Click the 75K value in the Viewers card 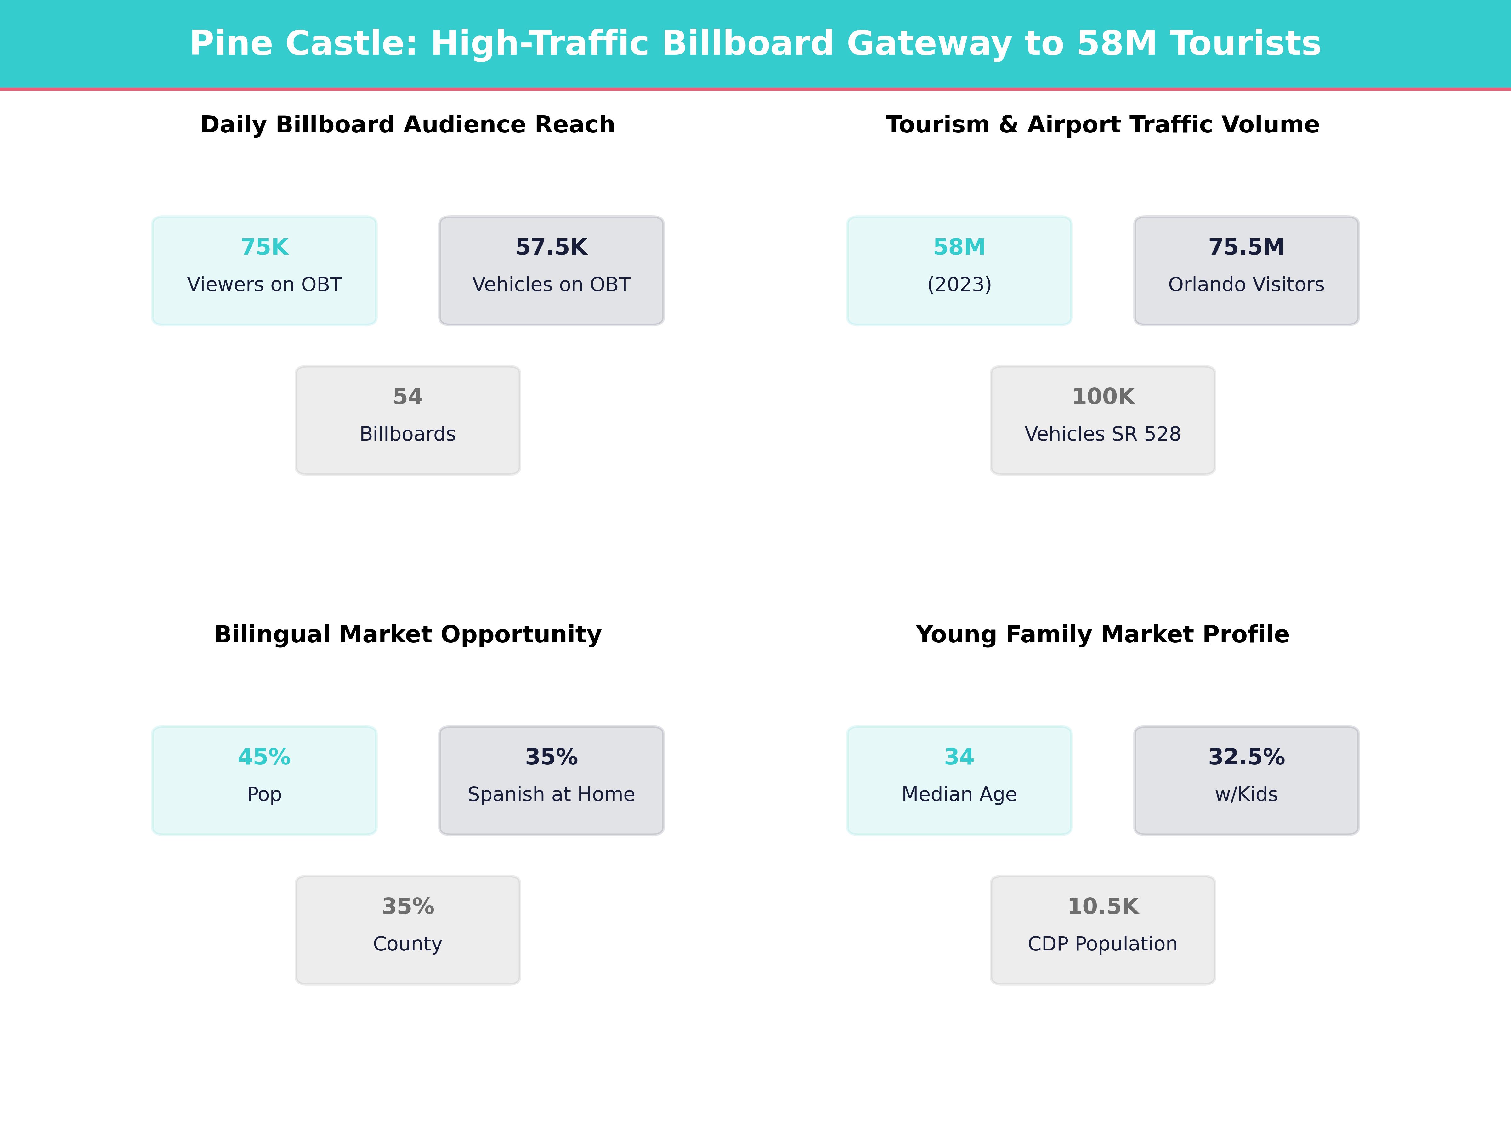pos(264,247)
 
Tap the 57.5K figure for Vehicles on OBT pos(551,247)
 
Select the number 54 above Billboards pos(408,397)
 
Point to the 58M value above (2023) pos(959,247)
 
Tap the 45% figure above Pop pos(264,758)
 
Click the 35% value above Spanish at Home pos(551,758)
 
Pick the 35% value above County pos(408,907)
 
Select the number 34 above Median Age pos(959,758)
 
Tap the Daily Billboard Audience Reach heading pos(408,125)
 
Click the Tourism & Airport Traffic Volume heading pos(1102,125)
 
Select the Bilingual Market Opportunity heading pos(408,634)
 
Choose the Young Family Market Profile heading pos(1102,634)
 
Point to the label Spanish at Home pos(551,794)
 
